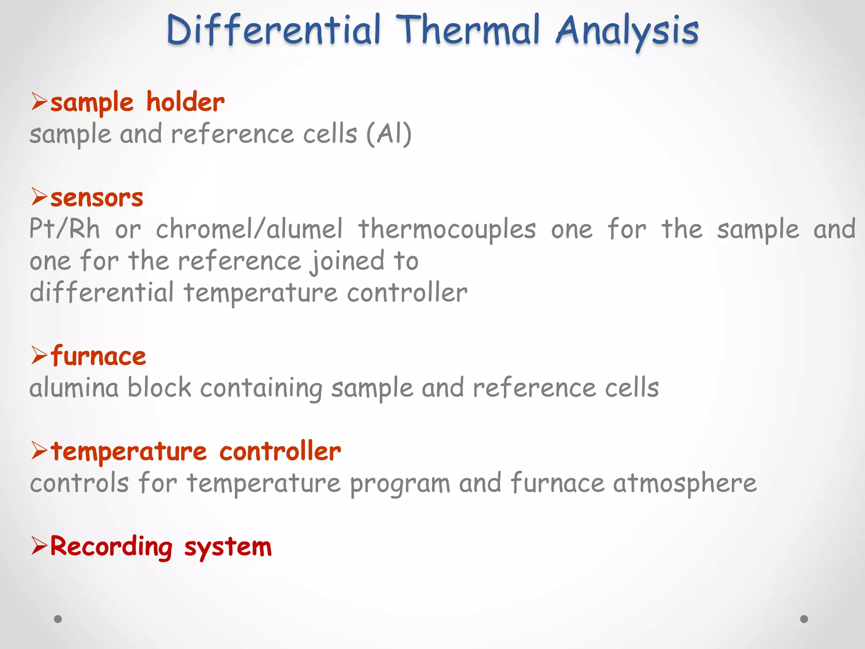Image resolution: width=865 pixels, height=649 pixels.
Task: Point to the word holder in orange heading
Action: coord(185,103)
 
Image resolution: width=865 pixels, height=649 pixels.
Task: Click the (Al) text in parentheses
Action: coord(389,134)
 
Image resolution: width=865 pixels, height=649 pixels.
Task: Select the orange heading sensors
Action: coord(97,198)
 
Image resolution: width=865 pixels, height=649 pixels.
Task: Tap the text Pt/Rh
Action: coord(65,229)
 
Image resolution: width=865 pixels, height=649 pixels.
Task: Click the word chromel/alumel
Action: coord(249,229)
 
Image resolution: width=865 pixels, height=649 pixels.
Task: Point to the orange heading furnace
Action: coord(98,356)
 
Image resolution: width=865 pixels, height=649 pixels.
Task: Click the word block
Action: coord(159,388)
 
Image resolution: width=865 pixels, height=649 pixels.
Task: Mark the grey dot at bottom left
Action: coord(58,619)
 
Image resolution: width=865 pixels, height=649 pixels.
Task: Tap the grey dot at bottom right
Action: coord(804,619)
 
